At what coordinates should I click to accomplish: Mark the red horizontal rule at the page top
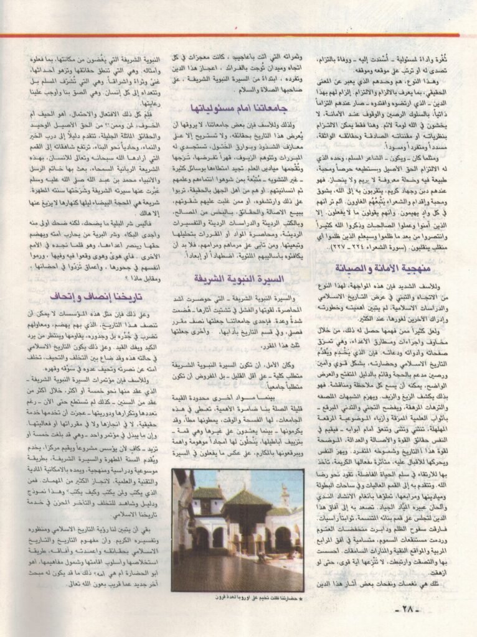[238, 35]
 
